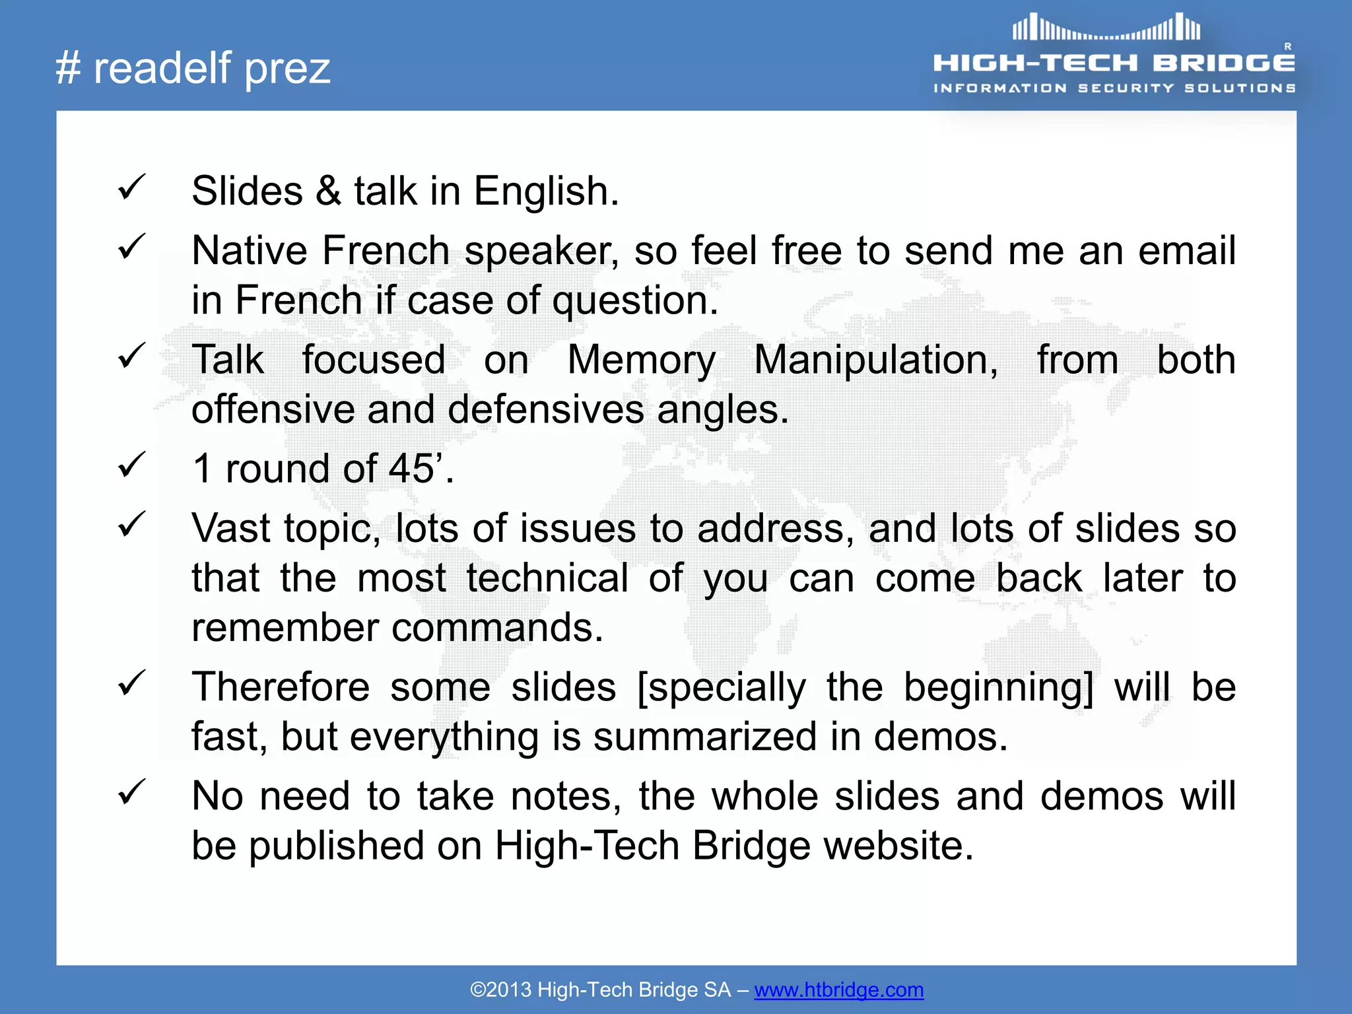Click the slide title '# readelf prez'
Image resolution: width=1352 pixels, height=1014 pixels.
click(193, 68)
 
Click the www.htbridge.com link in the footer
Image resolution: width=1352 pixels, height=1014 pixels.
click(838, 990)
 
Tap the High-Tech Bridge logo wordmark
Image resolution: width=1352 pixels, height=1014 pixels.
click(1114, 63)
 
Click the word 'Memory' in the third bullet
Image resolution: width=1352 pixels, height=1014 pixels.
click(641, 360)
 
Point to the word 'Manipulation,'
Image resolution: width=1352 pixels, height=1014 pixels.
click(876, 360)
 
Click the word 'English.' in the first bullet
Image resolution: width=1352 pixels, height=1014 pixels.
click(547, 191)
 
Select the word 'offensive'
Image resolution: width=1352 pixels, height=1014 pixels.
click(273, 409)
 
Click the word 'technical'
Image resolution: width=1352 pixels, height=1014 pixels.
click(547, 578)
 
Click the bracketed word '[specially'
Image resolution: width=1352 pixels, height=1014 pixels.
click(722, 688)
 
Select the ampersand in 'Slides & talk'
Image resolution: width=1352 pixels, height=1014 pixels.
click(328, 191)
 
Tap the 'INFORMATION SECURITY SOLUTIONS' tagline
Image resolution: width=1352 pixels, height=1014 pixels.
click(1114, 88)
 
